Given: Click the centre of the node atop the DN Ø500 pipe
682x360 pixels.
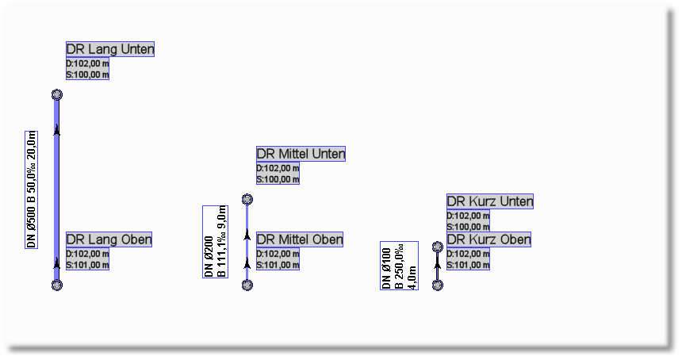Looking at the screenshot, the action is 57,94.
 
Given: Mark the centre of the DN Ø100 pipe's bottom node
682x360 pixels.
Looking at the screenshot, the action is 438,285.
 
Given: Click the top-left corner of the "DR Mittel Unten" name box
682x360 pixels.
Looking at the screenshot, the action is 257,147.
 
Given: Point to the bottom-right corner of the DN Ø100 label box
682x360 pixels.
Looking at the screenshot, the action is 419,289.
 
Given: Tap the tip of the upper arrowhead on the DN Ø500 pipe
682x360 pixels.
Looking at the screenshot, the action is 57,124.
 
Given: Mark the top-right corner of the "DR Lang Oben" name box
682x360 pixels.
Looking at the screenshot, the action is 151,232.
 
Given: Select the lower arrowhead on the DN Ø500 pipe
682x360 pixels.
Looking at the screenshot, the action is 57,263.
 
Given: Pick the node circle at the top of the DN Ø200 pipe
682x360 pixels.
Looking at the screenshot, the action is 247,199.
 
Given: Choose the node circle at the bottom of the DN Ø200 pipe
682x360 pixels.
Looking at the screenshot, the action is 247,285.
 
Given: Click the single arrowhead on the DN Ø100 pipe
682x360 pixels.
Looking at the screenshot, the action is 438,263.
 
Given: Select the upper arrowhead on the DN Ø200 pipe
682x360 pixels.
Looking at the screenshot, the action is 247,235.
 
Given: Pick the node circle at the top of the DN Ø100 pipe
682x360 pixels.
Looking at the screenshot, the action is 438,247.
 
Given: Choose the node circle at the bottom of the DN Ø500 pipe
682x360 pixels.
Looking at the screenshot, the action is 57,285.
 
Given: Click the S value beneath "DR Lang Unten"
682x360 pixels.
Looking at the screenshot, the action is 87,75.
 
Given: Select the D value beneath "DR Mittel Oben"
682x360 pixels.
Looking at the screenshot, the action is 278,254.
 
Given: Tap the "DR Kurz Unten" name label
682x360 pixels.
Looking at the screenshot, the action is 490,201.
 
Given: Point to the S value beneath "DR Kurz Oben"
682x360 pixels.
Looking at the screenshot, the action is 468,265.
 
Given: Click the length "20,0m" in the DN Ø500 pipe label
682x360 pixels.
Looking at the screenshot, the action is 31,146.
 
